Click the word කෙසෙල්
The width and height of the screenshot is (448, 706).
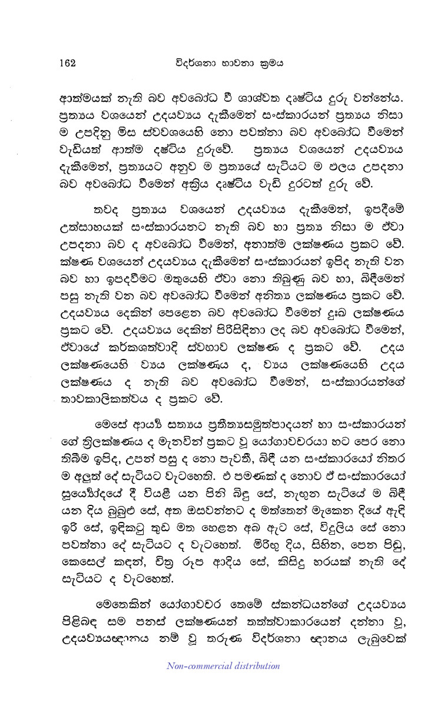click(x=84, y=564)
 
